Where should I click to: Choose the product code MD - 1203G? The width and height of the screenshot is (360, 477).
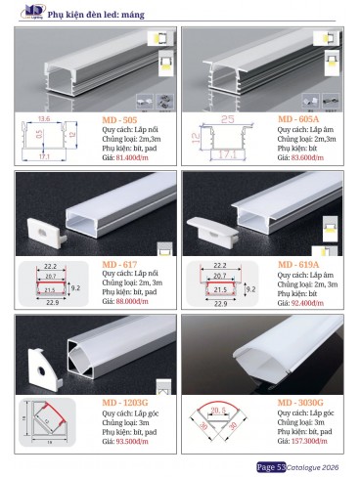pyautogui.click(x=126, y=403)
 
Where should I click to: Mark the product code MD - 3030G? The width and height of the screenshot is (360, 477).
pyautogui.click(x=302, y=403)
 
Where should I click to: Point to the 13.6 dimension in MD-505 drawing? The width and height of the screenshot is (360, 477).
pyautogui.click(x=45, y=118)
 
